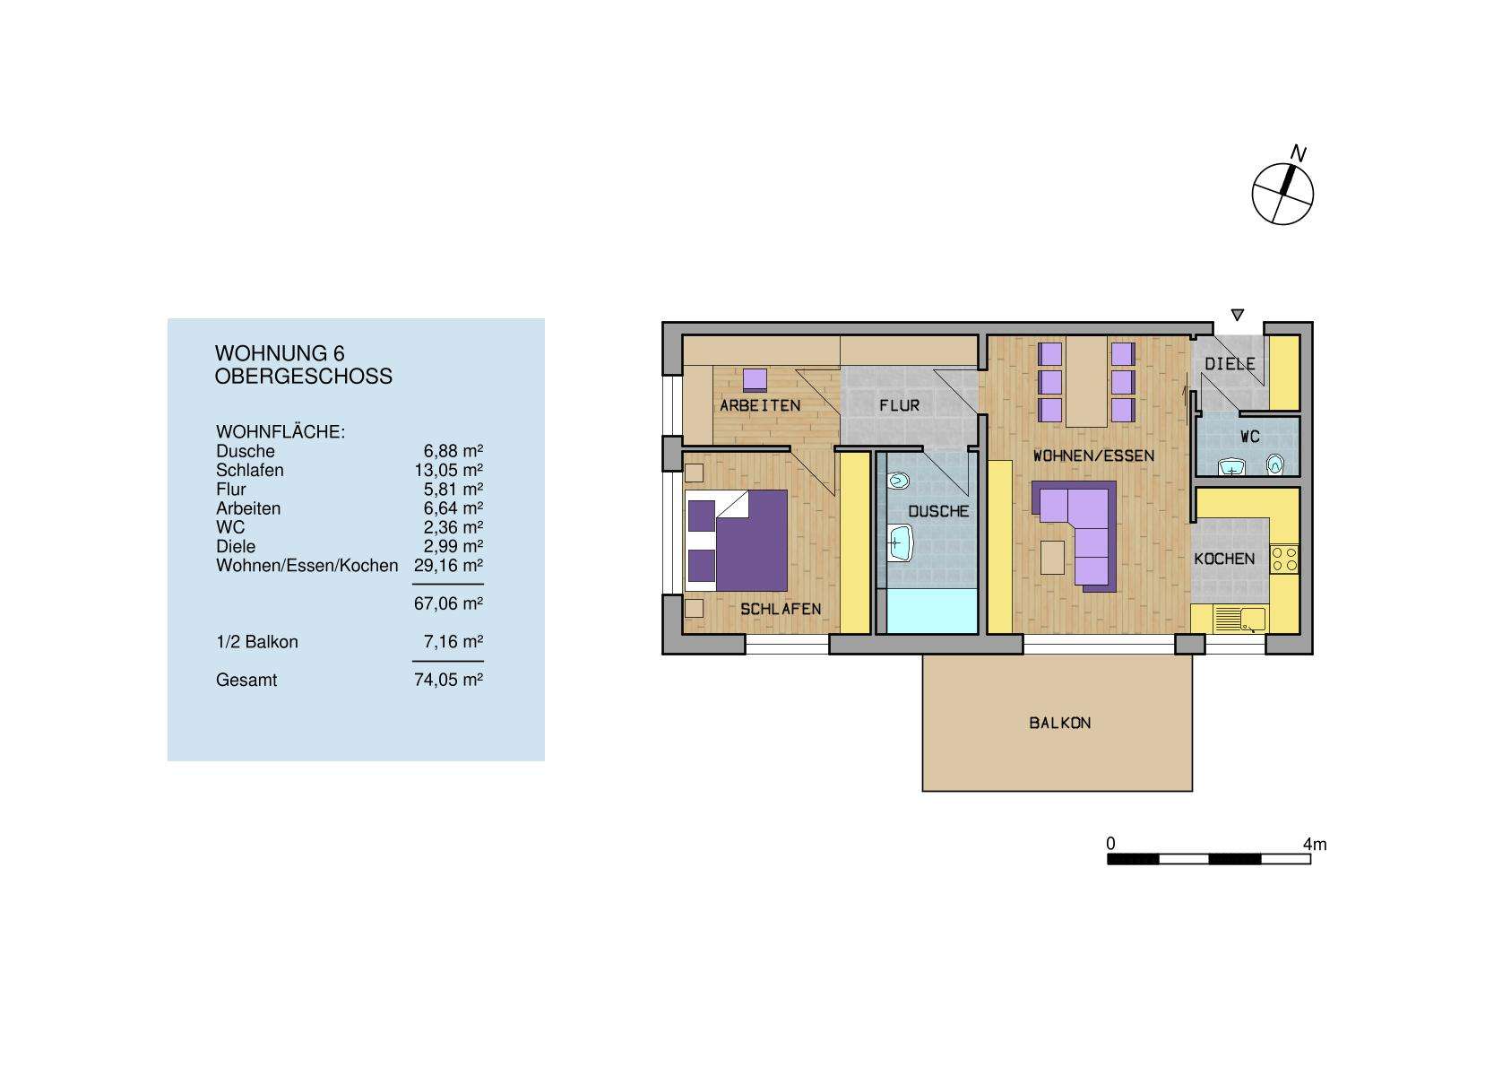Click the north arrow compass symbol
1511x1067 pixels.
(1282, 193)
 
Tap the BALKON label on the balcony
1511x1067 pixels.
(1059, 723)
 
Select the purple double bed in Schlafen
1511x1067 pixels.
(737, 540)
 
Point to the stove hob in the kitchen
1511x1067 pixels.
(1284, 559)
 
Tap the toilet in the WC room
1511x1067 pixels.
(1275, 464)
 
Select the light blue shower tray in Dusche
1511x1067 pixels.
(931, 611)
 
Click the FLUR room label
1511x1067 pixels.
(899, 405)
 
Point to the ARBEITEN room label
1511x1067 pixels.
(760, 405)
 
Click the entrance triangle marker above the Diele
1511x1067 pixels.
(1238, 315)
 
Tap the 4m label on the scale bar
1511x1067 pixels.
(1315, 845)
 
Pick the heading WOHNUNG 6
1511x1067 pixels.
(280, 353)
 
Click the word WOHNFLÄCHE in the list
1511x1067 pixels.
(281, 432)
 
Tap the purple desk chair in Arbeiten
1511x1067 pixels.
(755, 379)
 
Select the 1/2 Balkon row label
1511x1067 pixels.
(257, 642)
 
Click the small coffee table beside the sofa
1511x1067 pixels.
(1054, 557)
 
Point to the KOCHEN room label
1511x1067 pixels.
(1224, 559)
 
